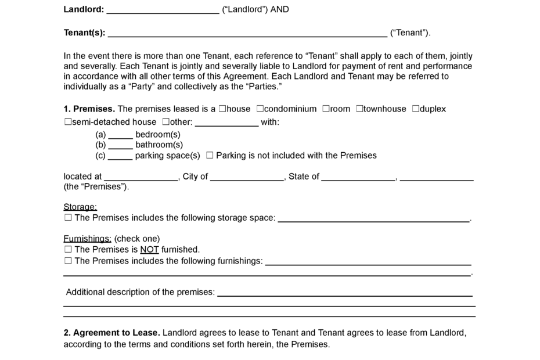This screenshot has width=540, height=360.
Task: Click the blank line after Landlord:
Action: [x=163, y=10]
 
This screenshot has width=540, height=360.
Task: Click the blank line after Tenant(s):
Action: [x=247, y=33]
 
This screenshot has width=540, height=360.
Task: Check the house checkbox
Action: [x=222, y=109]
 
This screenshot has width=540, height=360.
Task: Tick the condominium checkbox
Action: [x=260, y=109]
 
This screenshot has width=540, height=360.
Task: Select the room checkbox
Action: [x=326, y=109]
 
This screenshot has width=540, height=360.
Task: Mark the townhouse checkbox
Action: [x=359, y=109]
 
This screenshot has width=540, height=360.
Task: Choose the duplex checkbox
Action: [x=415, y=109]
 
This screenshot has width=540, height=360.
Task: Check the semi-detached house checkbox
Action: [x=67, y=122]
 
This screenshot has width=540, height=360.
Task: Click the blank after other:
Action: [x=226, y=123]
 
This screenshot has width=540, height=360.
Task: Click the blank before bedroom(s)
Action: [x=120, y=135]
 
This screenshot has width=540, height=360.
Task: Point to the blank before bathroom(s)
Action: [x=120, y=145]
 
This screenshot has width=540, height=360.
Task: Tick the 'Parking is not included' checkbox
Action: [x=210, y=156]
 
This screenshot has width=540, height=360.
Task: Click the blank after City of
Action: [x=247, y=177]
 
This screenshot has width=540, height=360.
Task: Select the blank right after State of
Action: [x=358, y=177]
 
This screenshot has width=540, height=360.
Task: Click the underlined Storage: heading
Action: [x=80, y=207]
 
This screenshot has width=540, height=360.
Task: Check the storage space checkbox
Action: [x=68, y=218]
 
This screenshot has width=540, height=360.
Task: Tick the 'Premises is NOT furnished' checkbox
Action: [x=68, y=250]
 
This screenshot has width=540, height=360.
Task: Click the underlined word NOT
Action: [x=149, y=250]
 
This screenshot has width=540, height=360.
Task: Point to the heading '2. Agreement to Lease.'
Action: [x=111, y=333]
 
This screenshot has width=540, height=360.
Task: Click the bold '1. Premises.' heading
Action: [x=89, y=109]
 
